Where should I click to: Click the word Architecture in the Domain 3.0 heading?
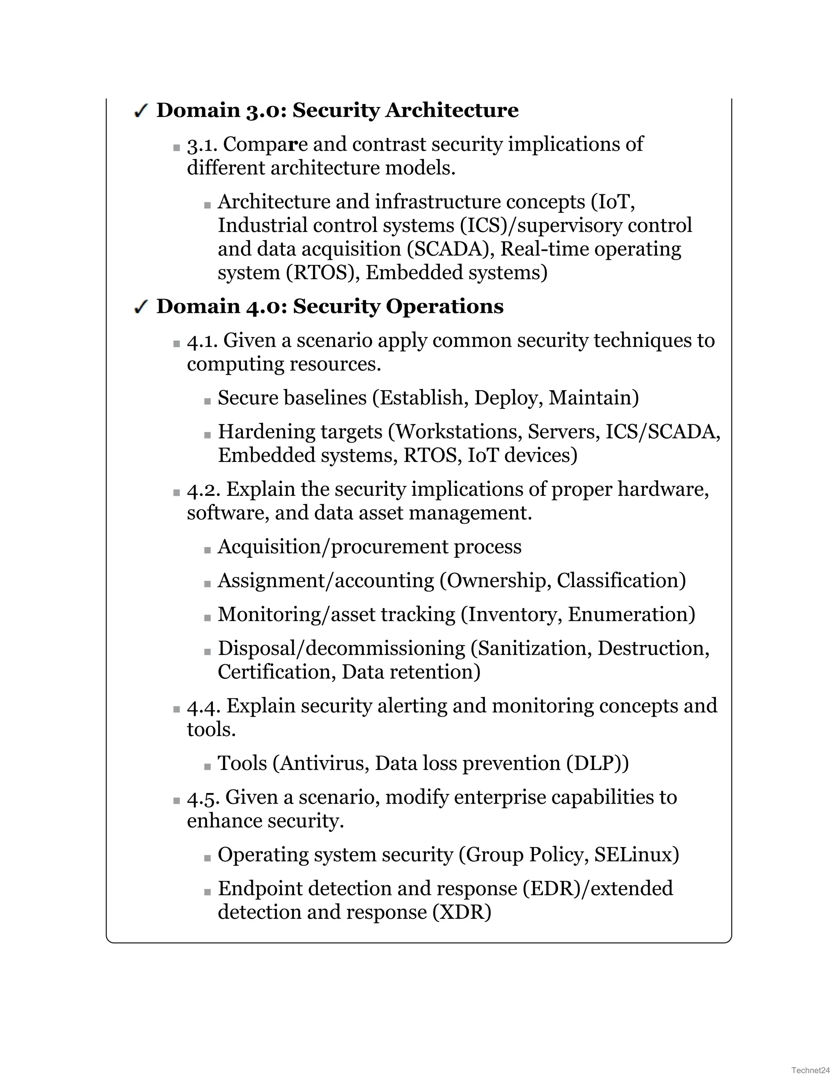452,110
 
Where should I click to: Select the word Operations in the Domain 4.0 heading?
444,306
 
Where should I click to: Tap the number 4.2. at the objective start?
203,490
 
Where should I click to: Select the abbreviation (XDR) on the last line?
462,912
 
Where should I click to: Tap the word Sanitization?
531,649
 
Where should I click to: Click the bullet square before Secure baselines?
207,401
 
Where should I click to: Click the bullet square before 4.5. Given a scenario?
177,801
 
